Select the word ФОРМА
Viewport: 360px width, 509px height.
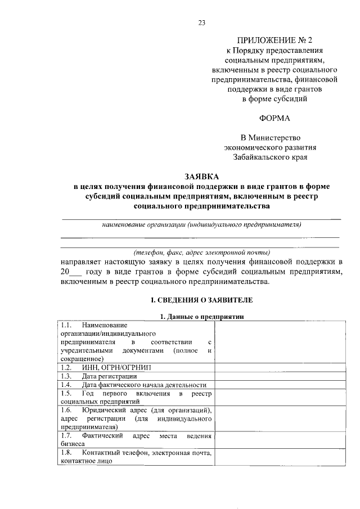pyautogui.click(x=274, y=119)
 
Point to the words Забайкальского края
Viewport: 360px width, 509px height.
pyautogui.click(x=274, y=157)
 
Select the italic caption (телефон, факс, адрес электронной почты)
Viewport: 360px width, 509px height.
pyautogui.click(x=201, y=252)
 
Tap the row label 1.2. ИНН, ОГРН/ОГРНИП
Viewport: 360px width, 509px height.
pyautogui.click(x=104, y=367)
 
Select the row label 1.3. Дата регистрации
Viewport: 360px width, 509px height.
pyautogui.click(x=98, y=376)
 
